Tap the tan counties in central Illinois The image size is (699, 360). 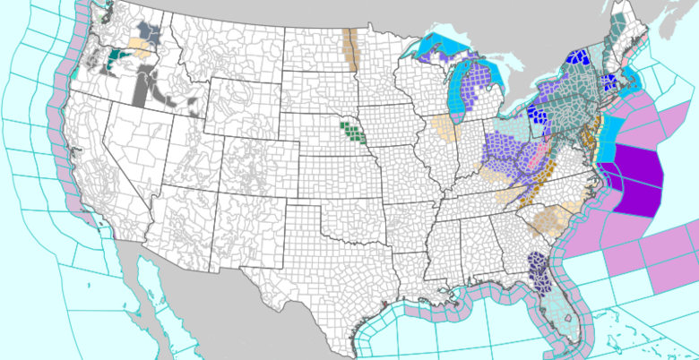443,126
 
